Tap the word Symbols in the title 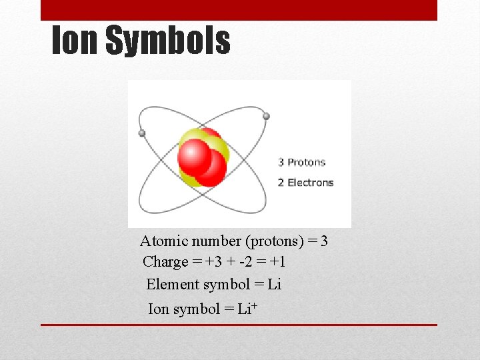click(x=168, y=41)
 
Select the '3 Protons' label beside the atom click(x=301, y=162)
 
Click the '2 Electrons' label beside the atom click(x=305, y=182)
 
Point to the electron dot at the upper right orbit click(x=266, y=116)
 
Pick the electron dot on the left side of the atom click(x=141, y=133)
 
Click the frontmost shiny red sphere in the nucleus click(x=195, y=157)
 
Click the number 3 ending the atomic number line click(x=324, y=241)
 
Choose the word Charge click(x=165, y=262)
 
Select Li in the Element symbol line click(x=274, y=285)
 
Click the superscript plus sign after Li click(x=254, y=306)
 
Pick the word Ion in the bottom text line click(x=159, y=309)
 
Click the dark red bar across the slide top click(x=239, y=9)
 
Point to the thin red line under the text click(x=239, y=325)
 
